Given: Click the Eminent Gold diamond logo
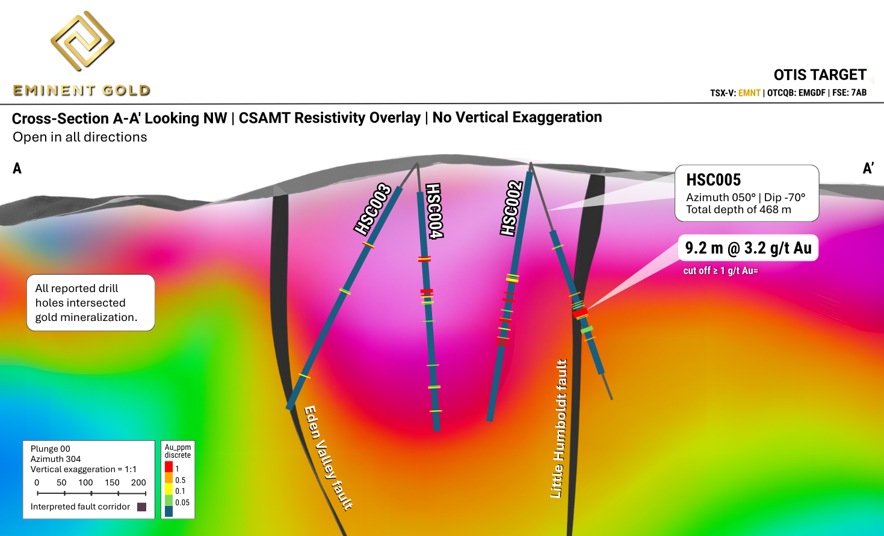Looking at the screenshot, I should [x=82, y=41].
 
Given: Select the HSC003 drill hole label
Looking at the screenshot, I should [x=372, y=209].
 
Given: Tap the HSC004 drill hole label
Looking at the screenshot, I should [x=434, y=211].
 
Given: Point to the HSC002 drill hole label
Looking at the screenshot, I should [x=511, y=208].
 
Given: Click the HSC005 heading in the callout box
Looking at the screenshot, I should [x=714, y=180].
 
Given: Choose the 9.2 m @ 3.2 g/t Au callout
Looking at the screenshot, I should [x=748, y=248].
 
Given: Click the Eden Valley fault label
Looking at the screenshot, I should [x=328, y=458].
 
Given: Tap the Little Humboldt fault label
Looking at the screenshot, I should [x=559, y=429].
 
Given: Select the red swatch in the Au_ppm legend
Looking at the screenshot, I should [x=169, y=467].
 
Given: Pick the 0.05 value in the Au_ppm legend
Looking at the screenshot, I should [x=182, y=502].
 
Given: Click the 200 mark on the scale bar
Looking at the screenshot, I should [x=138, y=482].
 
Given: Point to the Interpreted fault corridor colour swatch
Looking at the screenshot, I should [x=142, y=507].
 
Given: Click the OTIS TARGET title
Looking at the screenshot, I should [x=820, y=75].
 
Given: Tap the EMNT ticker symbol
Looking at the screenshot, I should [x=749, y=93].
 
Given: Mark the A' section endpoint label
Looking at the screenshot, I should [x=868, y=169].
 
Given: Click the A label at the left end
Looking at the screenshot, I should [x=17, y=169].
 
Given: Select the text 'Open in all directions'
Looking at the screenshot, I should [x=80, y=137].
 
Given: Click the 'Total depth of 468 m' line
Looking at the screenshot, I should [x=738, y=210].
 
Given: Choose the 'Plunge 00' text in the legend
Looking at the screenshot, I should [x=51, y=449].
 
